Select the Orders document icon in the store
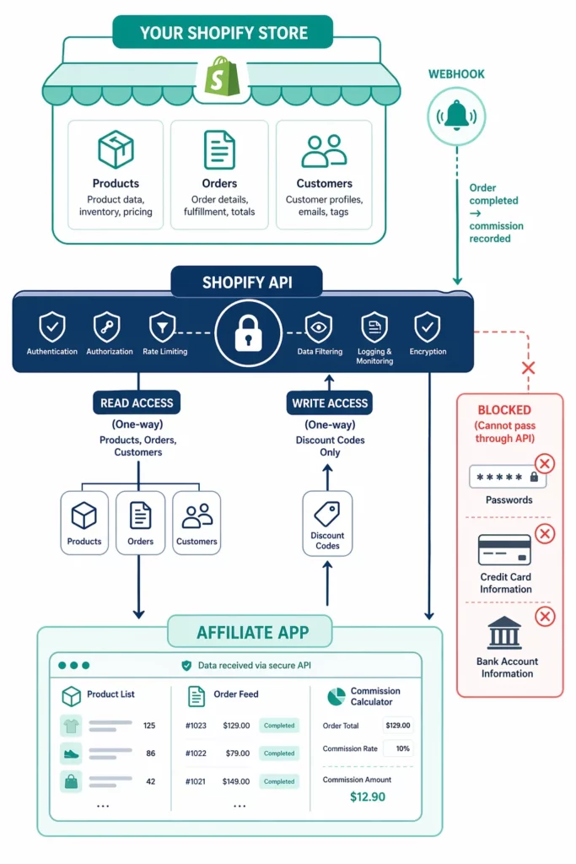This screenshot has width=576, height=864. (219, 150)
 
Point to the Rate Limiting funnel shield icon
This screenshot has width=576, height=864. (161, 327)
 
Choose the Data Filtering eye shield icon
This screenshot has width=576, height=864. (319, 327)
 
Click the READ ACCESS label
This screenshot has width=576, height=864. (137, 403)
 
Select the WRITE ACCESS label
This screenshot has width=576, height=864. (330, 403)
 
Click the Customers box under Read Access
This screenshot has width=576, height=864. (196, 523)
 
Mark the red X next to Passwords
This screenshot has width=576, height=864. (545, 463)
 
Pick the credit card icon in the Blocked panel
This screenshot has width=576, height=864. (504, 550)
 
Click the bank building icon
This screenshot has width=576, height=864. (504, 633)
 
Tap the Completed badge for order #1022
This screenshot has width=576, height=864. (278, 753)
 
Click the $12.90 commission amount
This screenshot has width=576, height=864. (367, 796)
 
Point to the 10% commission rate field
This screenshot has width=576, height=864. (398, 748)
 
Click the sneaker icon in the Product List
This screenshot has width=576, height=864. (72, 753)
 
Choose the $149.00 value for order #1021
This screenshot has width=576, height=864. (236, 781)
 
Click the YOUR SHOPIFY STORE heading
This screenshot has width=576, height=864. (223, 33)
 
